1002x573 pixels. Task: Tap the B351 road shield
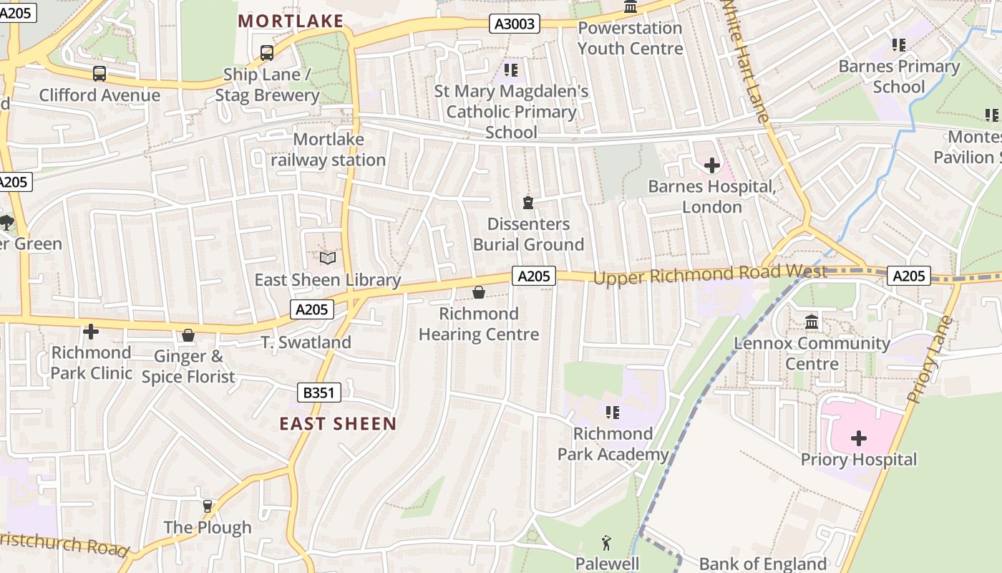pos(318,392)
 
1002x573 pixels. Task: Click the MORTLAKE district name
pos(291,21)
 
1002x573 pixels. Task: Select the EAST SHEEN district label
pos(338,423)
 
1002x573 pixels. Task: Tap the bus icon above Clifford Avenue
pos(99,73)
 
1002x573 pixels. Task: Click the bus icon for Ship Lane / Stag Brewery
pos(267,52)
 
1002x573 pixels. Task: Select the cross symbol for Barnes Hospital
pos(711,165)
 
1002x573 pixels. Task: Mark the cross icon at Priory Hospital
pos(858,438)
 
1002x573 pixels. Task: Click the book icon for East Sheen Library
pos(327,258)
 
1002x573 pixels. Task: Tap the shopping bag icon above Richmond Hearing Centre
pos(479,292)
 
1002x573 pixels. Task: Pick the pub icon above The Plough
pos(208,506)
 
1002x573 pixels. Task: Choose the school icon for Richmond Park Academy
pos(613,412)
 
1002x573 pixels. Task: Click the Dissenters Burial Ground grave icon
pos(528,203)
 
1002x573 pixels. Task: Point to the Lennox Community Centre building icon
pos(812,322)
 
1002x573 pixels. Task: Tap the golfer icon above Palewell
pos(607,542)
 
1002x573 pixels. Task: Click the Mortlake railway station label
pos(329,149)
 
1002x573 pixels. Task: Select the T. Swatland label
pos(306,342)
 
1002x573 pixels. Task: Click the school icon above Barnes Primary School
pos(899,45)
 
